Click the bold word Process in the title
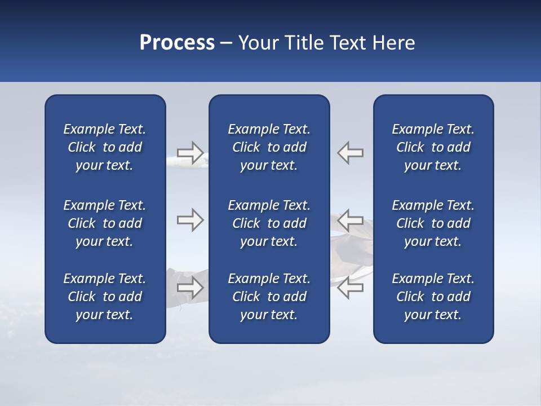(177, 43)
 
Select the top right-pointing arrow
(190, 152)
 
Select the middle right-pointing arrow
(190, 220)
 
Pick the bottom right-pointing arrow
(190, 288)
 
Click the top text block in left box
(105, 147)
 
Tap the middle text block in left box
(105, 223)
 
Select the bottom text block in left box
(105, 297)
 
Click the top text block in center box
(269, 147)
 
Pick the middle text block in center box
(269, 223)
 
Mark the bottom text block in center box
(269, 297)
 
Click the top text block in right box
(433, 147)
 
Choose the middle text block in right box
(433, 223)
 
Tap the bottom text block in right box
(433, 297)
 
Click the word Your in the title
(257, 43)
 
